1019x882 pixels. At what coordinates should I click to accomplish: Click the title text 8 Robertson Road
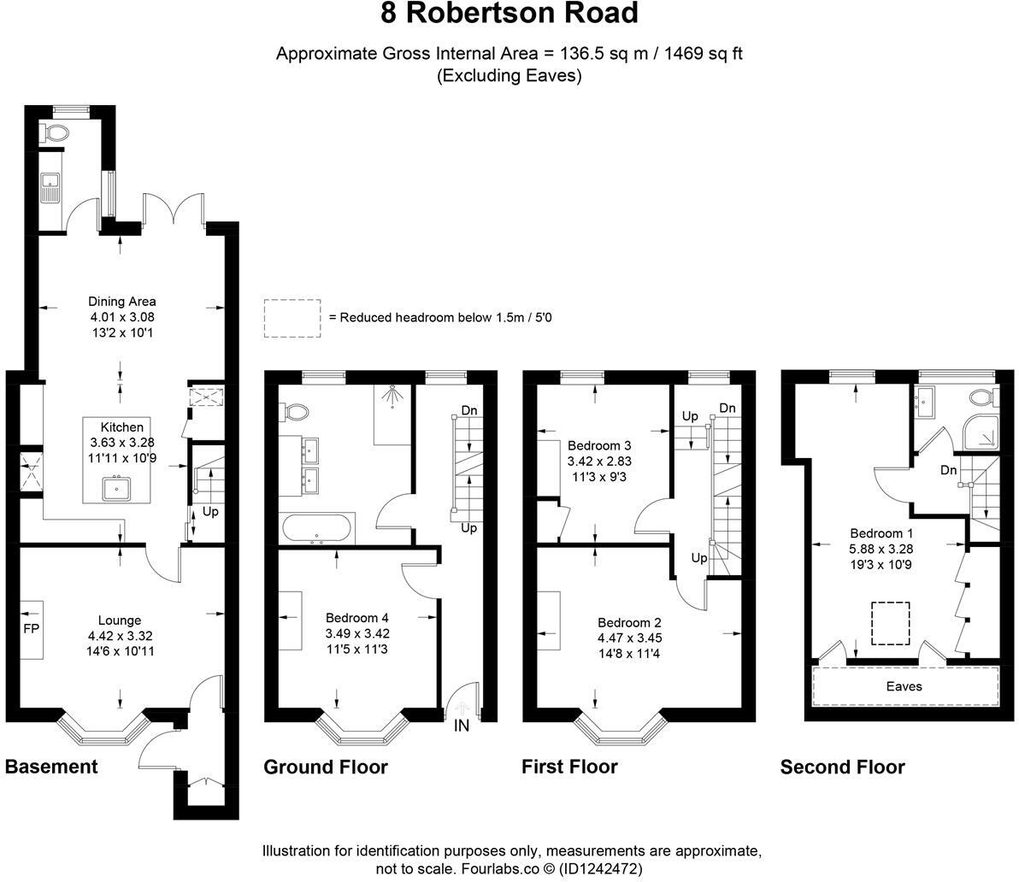point(509,15)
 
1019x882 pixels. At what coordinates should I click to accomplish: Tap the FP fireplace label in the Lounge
point(30,628)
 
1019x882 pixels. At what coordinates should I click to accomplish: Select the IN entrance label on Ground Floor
point(462,726)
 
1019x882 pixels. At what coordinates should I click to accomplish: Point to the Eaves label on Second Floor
point(904,685)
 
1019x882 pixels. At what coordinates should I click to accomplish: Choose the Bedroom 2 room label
point(629,623)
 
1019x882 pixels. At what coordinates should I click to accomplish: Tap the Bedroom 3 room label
point(599,445)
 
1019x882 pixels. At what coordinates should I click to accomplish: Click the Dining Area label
point(122,301)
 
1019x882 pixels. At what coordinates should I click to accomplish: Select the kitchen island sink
point(115,489)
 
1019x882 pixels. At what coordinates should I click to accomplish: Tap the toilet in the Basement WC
point(56,132)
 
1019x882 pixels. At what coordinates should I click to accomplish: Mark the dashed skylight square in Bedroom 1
point(890,623)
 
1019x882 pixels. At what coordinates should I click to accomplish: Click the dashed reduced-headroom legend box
point(292,318)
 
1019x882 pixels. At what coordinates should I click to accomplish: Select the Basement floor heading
point(51,767)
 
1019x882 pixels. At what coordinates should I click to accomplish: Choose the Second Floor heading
point(842,767)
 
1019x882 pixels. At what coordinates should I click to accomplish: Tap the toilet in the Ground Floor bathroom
point(296,412)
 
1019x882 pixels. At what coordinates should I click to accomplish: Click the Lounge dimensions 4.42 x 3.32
point(120,636)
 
